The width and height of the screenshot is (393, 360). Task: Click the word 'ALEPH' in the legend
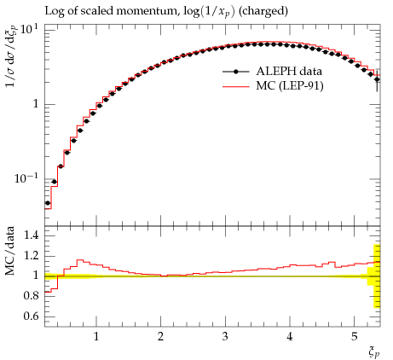point(272,71)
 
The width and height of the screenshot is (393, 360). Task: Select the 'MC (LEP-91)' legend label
point(289,85)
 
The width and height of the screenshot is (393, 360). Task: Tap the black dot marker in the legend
point(235,72)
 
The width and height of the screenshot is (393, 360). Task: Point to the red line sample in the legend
point(235,86)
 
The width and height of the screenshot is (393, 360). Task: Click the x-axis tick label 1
point(96,336)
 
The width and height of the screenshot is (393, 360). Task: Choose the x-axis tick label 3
point(225,336)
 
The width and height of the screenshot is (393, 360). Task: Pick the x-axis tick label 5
point(354,336)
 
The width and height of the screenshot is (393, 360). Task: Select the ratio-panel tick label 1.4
point(31,235)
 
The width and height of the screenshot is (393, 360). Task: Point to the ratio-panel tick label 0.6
point(31,316)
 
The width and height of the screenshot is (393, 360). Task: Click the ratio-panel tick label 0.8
point(31,296)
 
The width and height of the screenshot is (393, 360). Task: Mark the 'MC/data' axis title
point(9,251)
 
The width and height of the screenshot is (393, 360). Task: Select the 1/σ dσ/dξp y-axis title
point(11,56)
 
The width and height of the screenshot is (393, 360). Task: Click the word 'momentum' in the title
point(150,11)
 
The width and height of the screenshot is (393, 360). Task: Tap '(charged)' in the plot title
point(263,11)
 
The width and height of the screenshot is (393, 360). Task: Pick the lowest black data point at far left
point(48,203)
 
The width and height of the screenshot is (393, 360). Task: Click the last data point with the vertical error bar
point(377,79)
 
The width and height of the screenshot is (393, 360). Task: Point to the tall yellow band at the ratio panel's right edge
point(377,276)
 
